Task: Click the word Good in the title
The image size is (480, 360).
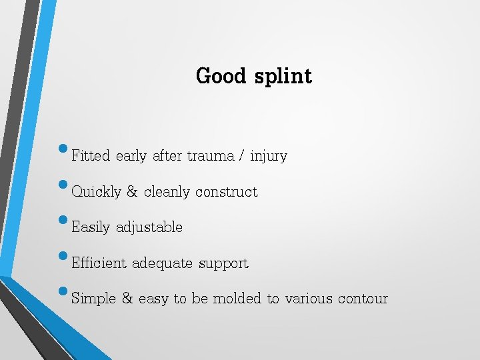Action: pos(221,76)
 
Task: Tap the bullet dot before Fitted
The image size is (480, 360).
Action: pos(63,147)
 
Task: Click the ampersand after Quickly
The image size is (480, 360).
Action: pos(132,192)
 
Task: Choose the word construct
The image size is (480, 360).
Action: pos(226,192)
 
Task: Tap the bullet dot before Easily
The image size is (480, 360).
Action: pos(63,219)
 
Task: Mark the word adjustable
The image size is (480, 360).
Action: pos(149,228)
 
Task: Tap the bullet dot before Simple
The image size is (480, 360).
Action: pos(63,290)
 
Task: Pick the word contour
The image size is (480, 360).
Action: pos(362,299)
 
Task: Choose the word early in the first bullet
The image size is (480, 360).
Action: pos(131,157)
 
